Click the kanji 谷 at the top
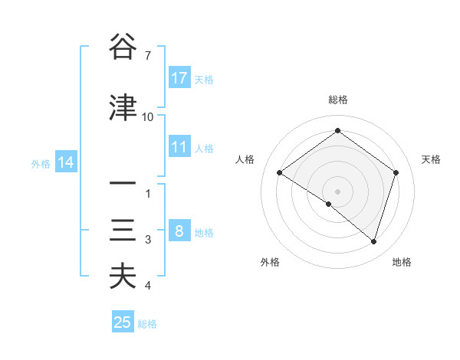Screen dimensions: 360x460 pyautogui.click(x=123, y=47)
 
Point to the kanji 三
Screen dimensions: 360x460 pyautogui.click(x=123, y=231)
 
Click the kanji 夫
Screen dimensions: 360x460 pyautogui.click(x=123, y=277)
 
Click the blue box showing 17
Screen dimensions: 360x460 pyautogui.click(x=179, y=78)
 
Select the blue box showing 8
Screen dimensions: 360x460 pyautogui.click(x=179, y=231)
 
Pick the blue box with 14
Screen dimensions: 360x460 pyautogui.click(x=65, y=162)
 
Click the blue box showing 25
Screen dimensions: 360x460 pyautogui.click(x=123, y=322)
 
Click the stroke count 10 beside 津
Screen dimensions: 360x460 pyautogui.click(x=148, y=117)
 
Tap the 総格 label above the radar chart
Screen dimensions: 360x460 pyautogui.click(x=337, y=100)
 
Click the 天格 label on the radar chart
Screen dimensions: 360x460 pyautogui.click(x=432, y=159)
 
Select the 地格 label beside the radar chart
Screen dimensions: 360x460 pyautogui.click(x=402, y=262)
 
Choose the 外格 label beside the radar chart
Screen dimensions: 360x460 pyautogui.click(x=270, y=262)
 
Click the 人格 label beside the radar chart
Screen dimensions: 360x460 pyautogui.click(x=245, y=159)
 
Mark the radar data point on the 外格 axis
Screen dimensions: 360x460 pyautogui.click(x=329, y=205)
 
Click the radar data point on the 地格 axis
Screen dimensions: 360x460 pyautogui.click(x=373, y=241)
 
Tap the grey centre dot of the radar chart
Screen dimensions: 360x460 pyautogui.click(x=337, y=191)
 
